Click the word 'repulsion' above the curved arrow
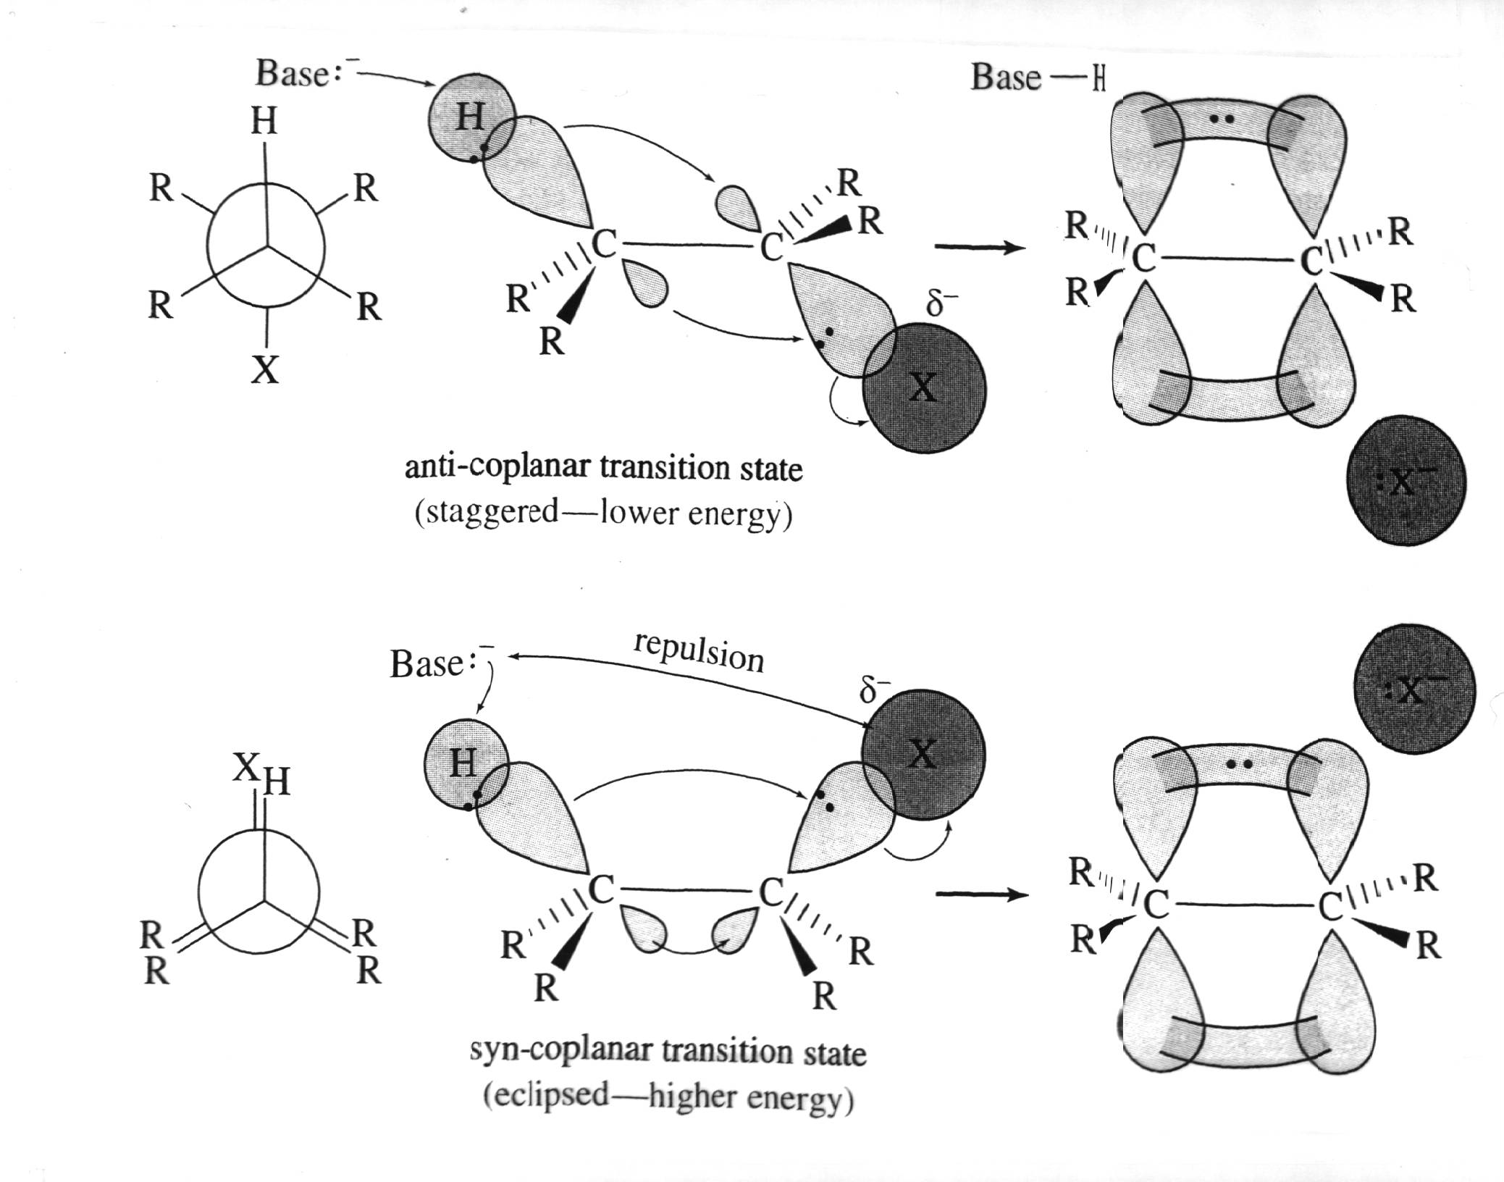698,650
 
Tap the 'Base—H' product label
1037,77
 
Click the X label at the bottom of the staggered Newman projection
265,370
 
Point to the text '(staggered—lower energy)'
603,514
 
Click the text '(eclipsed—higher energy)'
668,1097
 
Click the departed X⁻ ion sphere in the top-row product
1406,480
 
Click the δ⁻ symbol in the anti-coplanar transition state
941,303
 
